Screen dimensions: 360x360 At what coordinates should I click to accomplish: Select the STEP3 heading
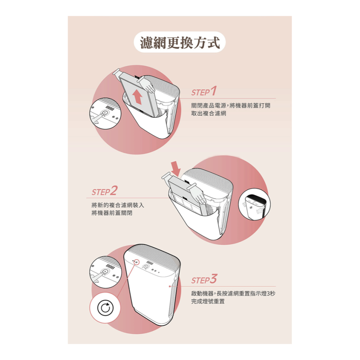pos(204,279)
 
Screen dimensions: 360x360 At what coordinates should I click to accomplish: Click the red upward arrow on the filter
pos(138,97)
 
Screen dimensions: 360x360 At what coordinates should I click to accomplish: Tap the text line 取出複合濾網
pos(208,113)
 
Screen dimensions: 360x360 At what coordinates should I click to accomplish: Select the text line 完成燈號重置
pos(208,301)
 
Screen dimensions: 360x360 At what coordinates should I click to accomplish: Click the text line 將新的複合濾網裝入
pos(118,205)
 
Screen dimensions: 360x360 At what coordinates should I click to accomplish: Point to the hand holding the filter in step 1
pos(148,85)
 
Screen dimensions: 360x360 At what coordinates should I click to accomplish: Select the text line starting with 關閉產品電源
pos(230,105)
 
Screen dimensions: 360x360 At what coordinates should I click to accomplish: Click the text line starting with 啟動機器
pos(233,293)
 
